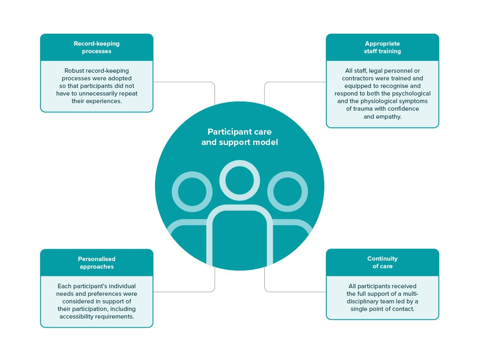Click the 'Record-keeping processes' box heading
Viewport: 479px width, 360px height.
[x=96, y=47]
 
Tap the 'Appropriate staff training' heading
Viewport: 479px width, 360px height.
[x=382, y=47]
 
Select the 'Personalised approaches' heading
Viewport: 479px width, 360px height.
[x=96, y=263]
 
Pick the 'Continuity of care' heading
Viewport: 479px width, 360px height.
[x=382, y=262]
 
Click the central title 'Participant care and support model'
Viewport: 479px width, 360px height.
[x=239, y=137]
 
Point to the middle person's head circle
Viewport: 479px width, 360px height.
[x=239, y=180]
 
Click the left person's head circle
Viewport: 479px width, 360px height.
[x=192, y=192]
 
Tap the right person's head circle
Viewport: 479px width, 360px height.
[x=288, y=192]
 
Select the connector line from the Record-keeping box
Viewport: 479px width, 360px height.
[x=184, y=82]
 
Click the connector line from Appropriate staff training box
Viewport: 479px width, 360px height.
[x=295, y=82]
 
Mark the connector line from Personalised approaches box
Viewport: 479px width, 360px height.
[x=184, y=292]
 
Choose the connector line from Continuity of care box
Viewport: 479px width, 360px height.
[x=295, y=292]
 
